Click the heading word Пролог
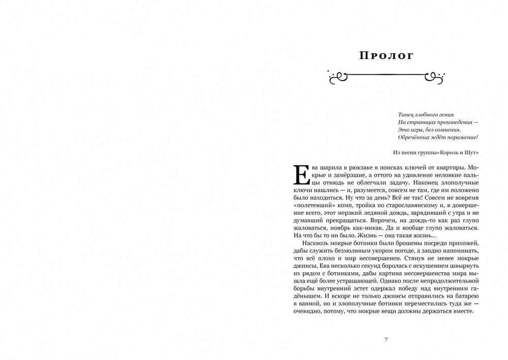click(386, 55)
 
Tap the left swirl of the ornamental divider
click(337, 76)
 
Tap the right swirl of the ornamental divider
click(435, 76)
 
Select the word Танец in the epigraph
click(402, 115)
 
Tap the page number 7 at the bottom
click(386, 340)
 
